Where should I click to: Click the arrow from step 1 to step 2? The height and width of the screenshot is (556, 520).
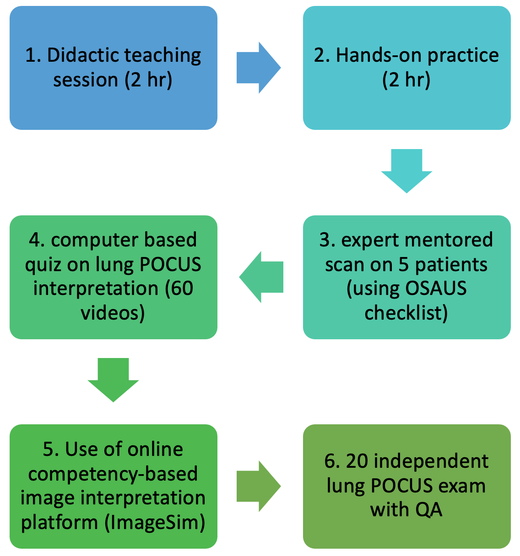[x=259, y=68]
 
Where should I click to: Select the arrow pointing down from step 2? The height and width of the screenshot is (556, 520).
[x=406, y=171]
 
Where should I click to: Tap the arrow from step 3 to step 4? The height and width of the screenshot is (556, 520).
[x=261, y=277]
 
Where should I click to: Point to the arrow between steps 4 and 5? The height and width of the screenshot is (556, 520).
[x=113, y=380]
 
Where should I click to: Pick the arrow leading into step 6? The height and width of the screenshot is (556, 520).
[x=259, y=486]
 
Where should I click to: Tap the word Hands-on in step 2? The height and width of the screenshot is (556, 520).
[x=379, y=55]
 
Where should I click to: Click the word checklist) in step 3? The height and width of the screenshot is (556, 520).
[x=406, y=313]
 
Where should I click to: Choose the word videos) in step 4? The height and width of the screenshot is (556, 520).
[x=113, y=313]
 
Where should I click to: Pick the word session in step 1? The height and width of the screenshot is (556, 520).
[x=86, y=80]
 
